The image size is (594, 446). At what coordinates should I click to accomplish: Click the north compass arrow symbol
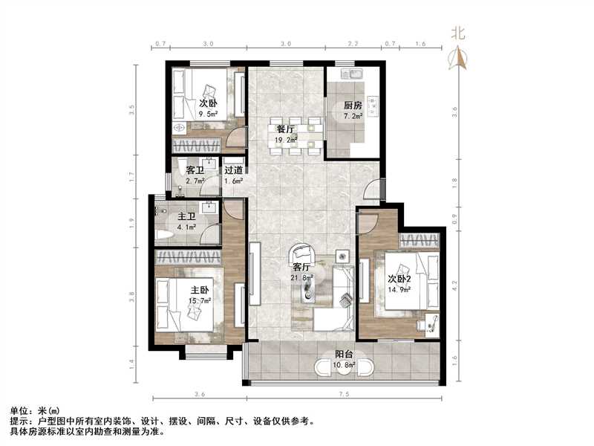pyautogui.click(x=458, y=57)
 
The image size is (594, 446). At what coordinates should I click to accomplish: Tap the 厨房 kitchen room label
pyautogui.click(x=352, y=105)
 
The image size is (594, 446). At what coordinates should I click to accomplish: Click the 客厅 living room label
pyautogui.click(x=301, y=267)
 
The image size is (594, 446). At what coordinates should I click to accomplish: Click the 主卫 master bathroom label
pyautogui.click(x=186, y=217)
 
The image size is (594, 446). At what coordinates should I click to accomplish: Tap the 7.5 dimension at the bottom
pyautogui.click(x=343, y=393)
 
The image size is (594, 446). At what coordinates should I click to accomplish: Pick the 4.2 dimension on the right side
pyautogui.click(x=455, y=282)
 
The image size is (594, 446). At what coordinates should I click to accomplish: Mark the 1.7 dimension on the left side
pyautogui.click(x=133, y=176)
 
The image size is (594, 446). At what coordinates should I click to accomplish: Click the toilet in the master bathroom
pyautogui.click(x=165, y=234)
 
